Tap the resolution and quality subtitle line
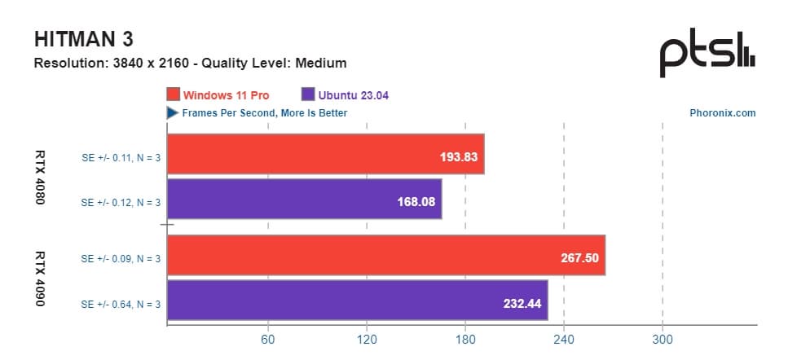[190, 63]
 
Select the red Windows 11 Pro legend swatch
[173, 95]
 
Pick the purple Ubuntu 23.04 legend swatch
[308, 95]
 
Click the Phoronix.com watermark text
[722, 113]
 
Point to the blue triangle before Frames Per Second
[173, 113]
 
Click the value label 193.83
[458, 155]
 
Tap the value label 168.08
[416, 200]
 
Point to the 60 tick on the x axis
[267, 340]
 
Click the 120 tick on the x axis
[367, 340]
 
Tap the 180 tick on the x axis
[465, 340]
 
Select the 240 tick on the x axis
[564, 340]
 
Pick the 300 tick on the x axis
[663, 340]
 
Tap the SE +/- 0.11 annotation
[121, 158]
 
